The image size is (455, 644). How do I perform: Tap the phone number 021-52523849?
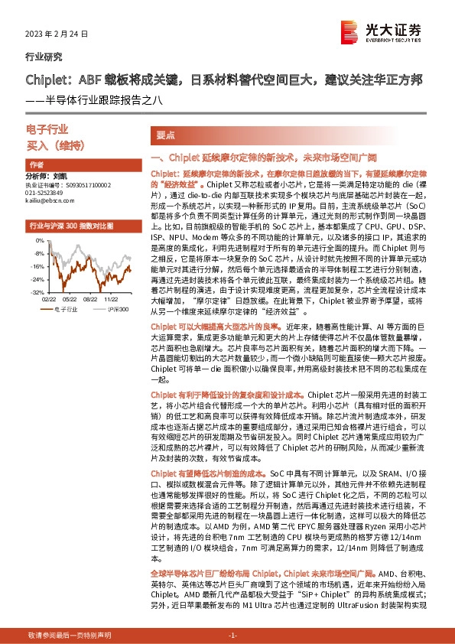[47, 193]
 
